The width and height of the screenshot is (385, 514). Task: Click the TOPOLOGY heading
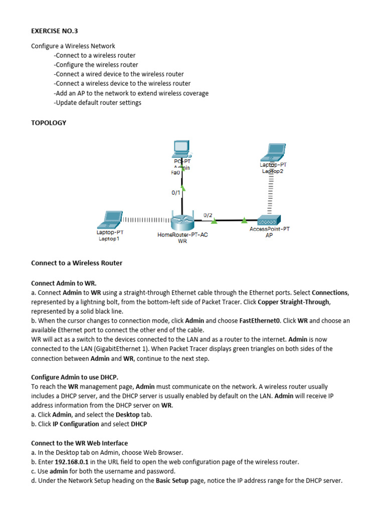(x=49, y=122)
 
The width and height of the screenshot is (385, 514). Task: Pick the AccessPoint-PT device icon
(x=269, y=220)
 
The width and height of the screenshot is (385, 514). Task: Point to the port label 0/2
(x=208, y=215)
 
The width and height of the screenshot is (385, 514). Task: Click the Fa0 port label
(x=175, y=172)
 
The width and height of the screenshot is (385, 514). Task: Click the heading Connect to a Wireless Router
(x=77, y=263)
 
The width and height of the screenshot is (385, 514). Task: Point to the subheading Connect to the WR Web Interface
(x=79, y=443)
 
